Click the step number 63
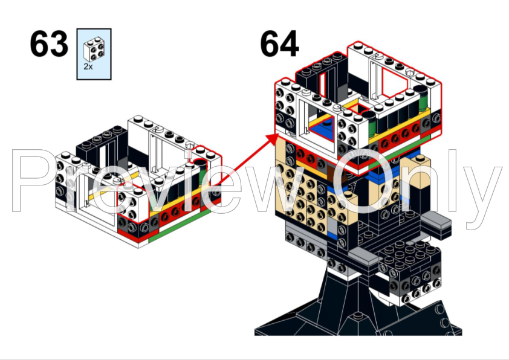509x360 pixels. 49,43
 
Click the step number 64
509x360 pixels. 279,43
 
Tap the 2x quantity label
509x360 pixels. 88,66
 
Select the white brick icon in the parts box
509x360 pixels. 94,49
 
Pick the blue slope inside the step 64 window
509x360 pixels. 323,129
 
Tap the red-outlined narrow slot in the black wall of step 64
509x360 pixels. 322,85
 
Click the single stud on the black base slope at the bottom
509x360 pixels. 358,316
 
